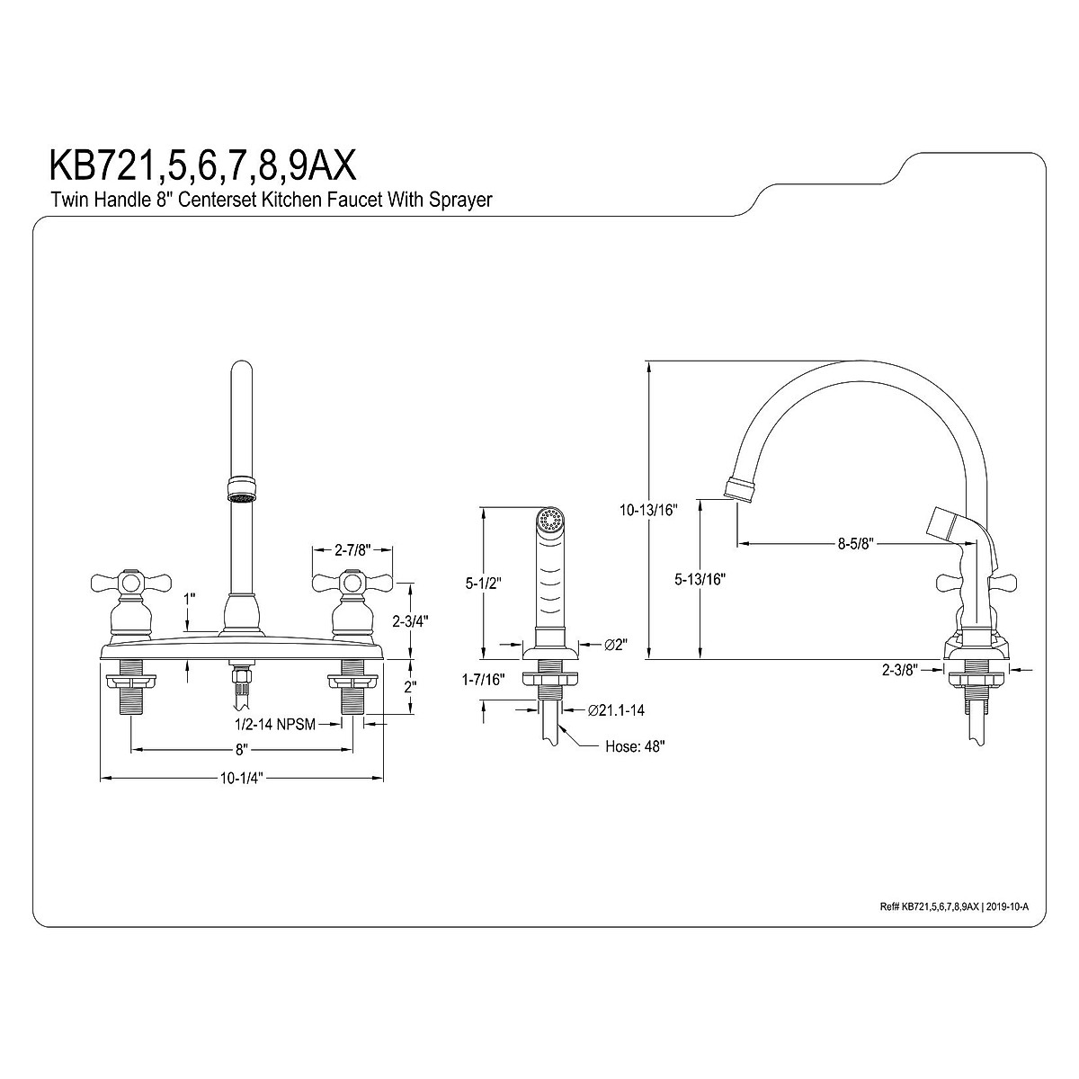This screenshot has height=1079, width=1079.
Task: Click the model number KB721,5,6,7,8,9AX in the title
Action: [203, 165]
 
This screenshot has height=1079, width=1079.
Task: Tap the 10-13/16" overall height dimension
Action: [648, 510]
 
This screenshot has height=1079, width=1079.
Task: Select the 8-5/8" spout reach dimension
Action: [856, 544]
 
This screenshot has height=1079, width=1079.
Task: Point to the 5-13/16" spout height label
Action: [700, 579]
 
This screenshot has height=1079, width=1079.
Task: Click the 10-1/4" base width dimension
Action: [241, 779]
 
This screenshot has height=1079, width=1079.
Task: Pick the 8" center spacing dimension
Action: [241, 749]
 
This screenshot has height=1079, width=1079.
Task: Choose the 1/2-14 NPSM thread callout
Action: [275, 724]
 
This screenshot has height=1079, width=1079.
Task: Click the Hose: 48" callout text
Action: [635, 746]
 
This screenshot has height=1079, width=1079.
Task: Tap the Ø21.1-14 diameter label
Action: [616, 710]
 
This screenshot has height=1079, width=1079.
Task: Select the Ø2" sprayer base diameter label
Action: [616, 645]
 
